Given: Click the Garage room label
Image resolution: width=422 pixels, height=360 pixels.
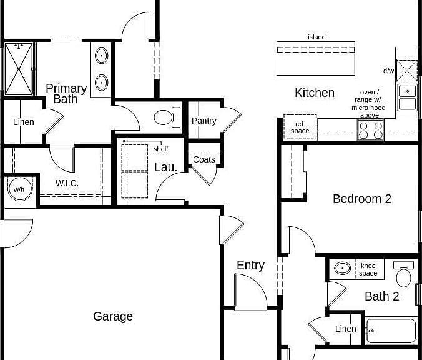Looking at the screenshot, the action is (x=113, y=317).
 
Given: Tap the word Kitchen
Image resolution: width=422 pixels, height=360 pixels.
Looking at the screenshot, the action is (x=315, y=92).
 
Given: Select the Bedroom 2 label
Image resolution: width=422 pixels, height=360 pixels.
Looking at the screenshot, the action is (x=361, y=199).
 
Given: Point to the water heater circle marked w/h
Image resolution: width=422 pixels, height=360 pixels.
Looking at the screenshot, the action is (x=19, y=189).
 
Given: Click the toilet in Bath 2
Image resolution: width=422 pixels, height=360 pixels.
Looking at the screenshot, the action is (x=403, y=274).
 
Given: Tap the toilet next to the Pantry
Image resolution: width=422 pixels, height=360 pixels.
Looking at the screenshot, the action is (x=167, y=117).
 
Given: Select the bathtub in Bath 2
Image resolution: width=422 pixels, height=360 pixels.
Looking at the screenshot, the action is (x=391, y=331).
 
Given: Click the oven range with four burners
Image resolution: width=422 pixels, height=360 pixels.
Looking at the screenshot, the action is (x=371, y=130).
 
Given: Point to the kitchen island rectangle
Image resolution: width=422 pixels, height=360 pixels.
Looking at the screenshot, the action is (x=316, y=59).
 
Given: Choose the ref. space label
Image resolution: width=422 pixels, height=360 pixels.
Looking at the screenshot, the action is (x=300, y=127).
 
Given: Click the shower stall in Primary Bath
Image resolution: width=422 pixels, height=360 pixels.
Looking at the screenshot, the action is (x=19, y=69).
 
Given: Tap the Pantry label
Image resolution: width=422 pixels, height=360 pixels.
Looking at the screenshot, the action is (x=204, y=121).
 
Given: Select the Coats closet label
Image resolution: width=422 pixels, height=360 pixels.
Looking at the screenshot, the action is (x=204, y=159).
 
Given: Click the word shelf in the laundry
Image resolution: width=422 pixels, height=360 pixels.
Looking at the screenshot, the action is (x=160, y=149).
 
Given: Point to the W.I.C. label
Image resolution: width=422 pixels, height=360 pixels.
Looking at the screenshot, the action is (x=67, y=183).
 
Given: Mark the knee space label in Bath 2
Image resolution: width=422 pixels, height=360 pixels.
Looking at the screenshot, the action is (x=368, y=269).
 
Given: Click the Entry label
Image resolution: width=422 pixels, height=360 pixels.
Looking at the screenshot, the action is (x=250, y=266).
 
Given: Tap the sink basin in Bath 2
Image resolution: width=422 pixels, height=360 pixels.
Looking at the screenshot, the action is (x=342, y=268).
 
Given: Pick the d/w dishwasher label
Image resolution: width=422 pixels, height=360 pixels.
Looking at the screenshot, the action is (x=388, y=71).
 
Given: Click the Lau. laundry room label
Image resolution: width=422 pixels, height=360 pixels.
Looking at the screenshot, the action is (x=166, y=167).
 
